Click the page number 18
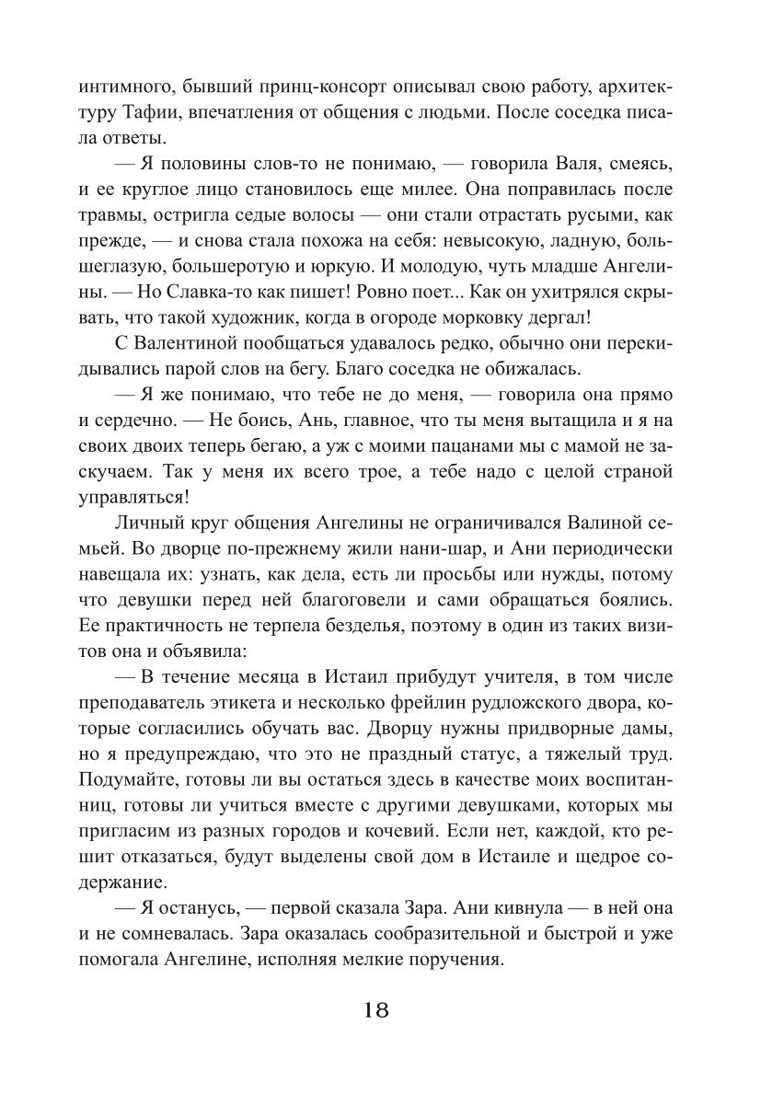tap(377, 1009)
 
